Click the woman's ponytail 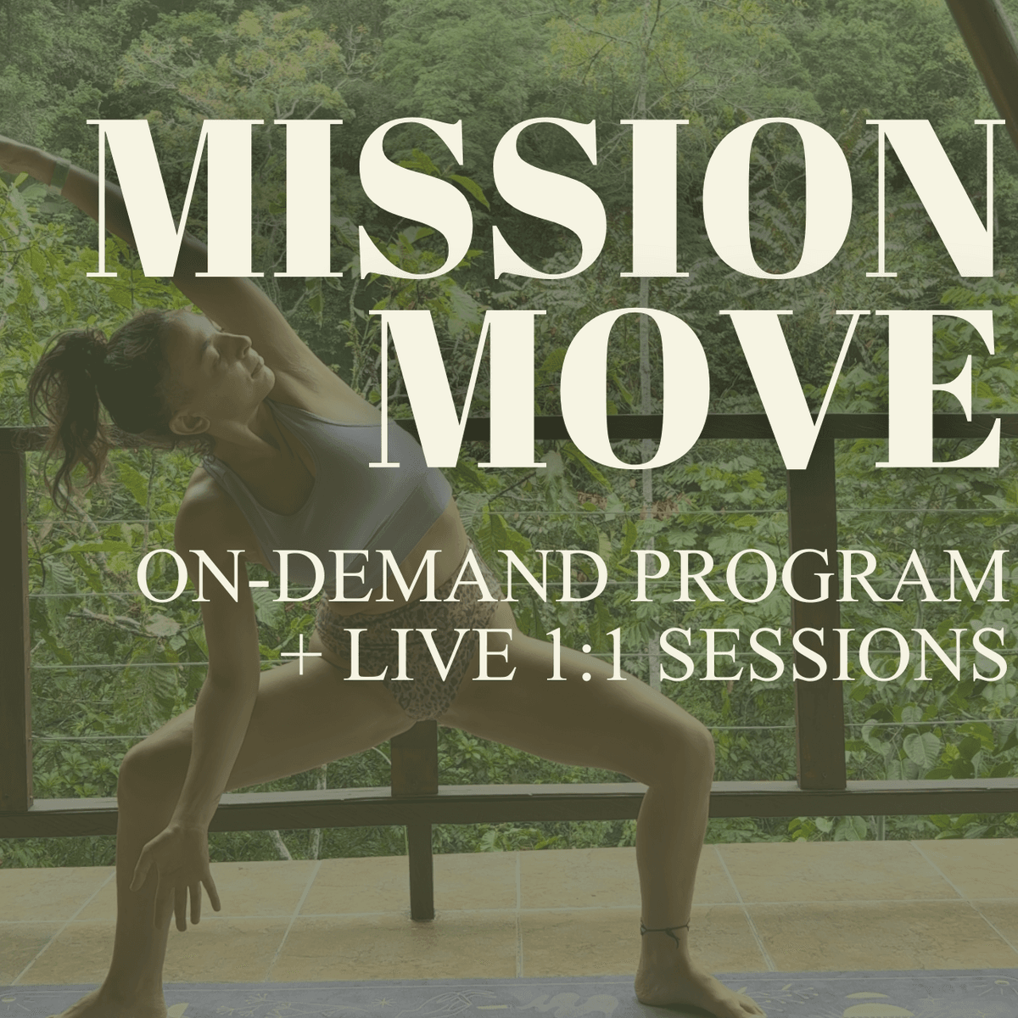point(79,401)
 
